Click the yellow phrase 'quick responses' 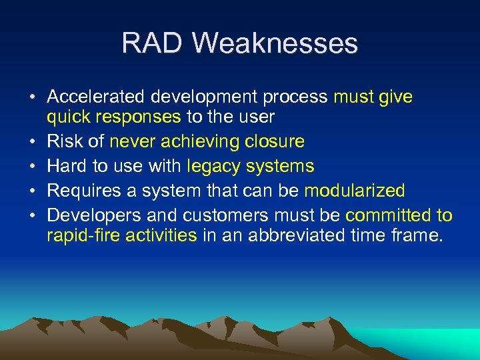pos(113,118)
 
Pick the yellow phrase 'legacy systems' pos(251,166)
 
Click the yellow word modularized pos(354,191)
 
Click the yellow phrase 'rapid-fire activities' pos(122,235)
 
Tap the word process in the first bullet pos(295,97)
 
